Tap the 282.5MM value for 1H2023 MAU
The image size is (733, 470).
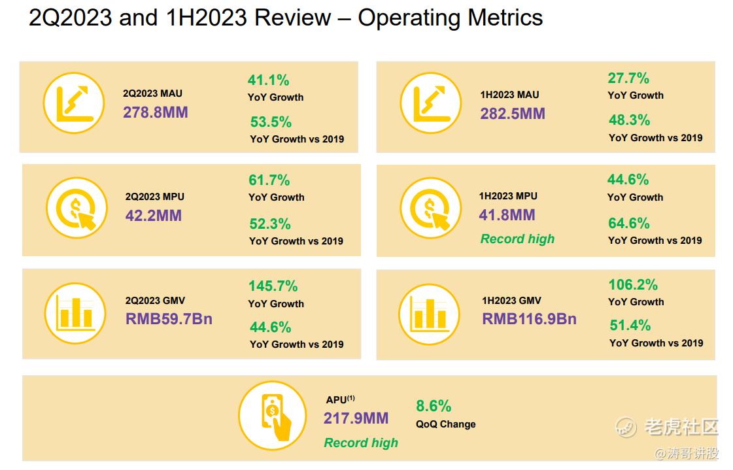[x=512, y=114]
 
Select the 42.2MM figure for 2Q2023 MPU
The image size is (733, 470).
[x=153, y=215]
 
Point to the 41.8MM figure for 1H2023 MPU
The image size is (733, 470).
[x=507, y=215]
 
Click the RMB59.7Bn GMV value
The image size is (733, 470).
[x=169, y=319]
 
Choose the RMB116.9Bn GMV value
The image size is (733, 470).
[x=529, y=319]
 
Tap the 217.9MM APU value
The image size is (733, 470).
[x=356, y=418]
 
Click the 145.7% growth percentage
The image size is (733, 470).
[x=273, y=286]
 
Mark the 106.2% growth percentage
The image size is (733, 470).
[x=632, y=285]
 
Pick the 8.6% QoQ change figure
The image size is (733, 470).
[x=434, y=407]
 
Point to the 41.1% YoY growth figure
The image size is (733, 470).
[x=268, y=80]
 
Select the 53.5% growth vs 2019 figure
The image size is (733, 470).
[x=271, y=122]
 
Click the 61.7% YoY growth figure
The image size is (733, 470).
[x=269, y=180]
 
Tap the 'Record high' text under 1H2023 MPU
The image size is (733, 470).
[x=517, y=239]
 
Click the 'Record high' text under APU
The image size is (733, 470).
[x=361, y=443]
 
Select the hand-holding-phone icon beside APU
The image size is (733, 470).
[x=272, y=415]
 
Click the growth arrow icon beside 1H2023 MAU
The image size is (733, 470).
[x=430, y=103]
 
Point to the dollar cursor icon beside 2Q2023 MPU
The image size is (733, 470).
[x=77, y=209]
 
